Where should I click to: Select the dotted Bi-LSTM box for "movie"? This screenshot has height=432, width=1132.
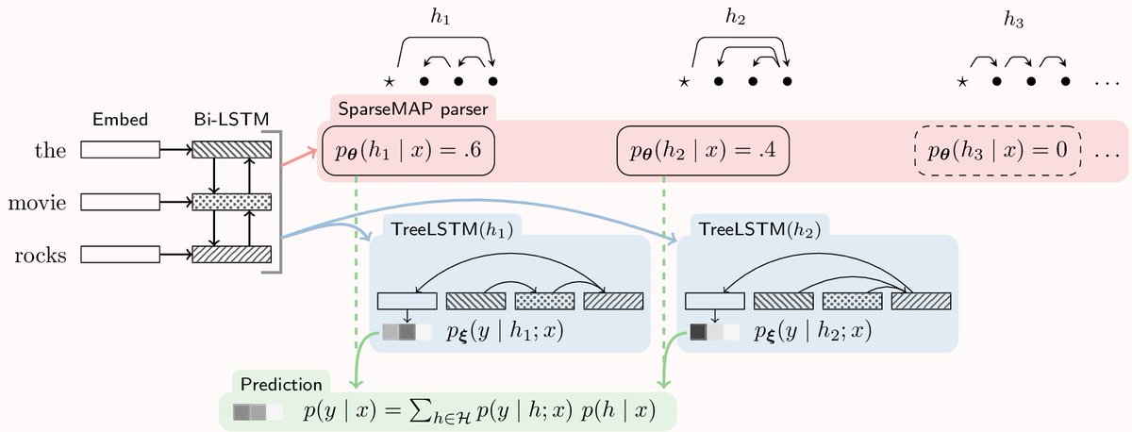[231, 202]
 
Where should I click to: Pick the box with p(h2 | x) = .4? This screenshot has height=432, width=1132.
[702, 150]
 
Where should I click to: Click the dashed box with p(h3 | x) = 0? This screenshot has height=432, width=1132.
[997, 150]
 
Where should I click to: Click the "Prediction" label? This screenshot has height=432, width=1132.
[280, 384]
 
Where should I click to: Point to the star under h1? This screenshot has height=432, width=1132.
[389, 82]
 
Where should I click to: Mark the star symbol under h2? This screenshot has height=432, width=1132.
[684, 82]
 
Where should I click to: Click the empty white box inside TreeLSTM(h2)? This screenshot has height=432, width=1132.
[714, 301]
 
